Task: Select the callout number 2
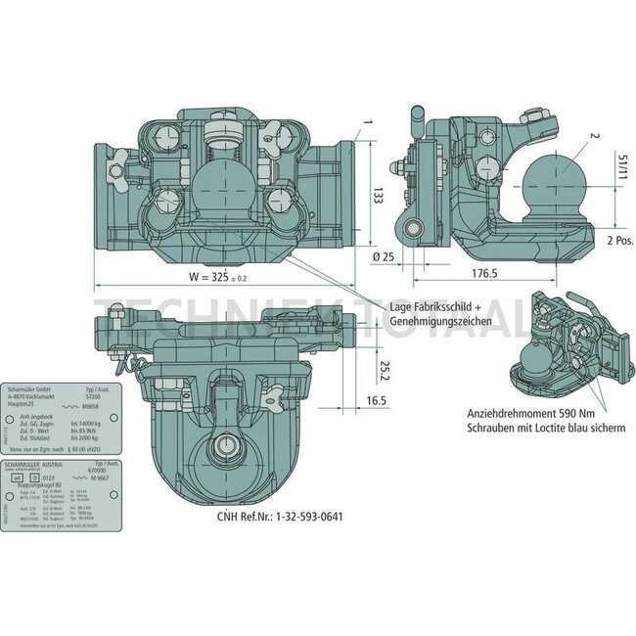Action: [x=593, y=140]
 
